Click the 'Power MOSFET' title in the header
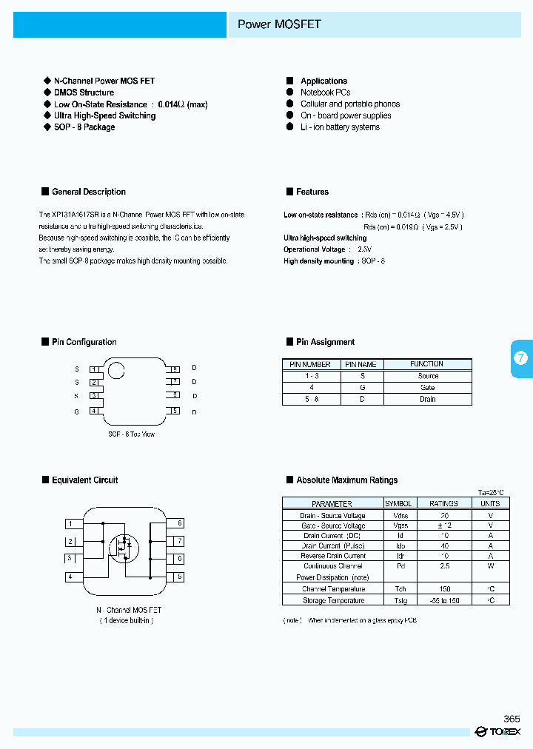pos(279,24)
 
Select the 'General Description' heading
pos(88,192)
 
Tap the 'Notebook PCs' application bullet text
pos(325,93)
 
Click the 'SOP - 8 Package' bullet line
pos(84,127)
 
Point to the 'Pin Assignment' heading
pos(325,342)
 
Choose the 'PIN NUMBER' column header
pos(310,364)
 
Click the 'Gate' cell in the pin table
pos(427,388)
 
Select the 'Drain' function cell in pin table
pos(427,399)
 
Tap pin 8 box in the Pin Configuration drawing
pos(175,369)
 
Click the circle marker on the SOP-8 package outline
pos(116,369)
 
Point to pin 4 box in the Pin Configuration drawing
pos(94,411)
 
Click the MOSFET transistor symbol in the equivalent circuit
pos(124,548)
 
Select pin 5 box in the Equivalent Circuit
pos(178,577)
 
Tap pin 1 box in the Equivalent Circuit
pos(71,524)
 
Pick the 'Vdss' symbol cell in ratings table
pos(400,515)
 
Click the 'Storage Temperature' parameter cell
pos(332,600)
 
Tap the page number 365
pos(512,719)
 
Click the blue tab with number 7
pos(521,358)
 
